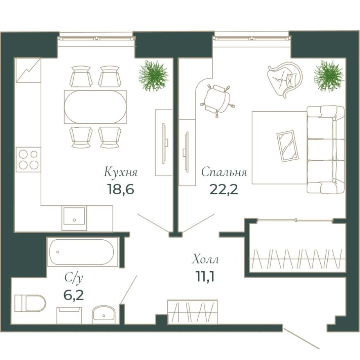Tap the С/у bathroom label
pos(74,278)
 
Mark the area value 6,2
pos(74,295)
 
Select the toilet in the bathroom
pos(30,304)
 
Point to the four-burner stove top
pos(28,160)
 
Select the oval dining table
pos(95,107)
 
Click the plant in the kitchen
pos(153,76)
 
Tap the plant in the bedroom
pos(328,76)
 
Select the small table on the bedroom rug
pos(288,145)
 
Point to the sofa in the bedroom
pos(325,150)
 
